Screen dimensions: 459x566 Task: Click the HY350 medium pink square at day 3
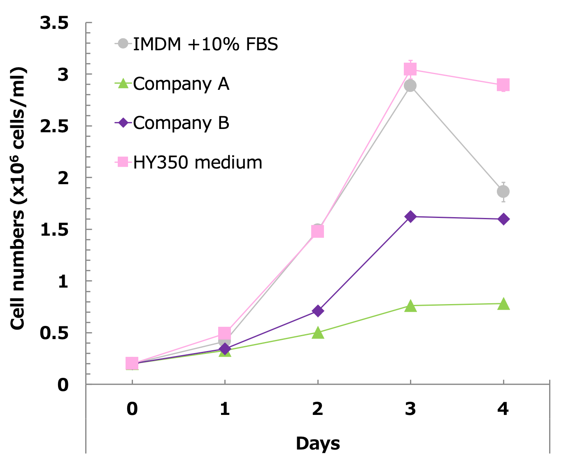point(410,69)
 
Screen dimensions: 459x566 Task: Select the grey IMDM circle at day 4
point(503,192)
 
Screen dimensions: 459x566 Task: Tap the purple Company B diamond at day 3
point(410,217)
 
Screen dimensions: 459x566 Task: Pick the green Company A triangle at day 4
point(503,304)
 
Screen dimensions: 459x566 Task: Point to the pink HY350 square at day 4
point(503,85)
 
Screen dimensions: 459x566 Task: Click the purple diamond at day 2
point(317,311)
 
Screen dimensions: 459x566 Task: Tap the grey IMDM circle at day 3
point(410,86)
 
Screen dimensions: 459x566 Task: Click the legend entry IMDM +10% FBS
point(205,44)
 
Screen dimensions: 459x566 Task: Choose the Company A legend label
point(181,84)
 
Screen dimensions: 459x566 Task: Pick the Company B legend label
point(181,123)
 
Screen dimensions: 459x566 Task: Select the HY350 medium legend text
point(198,162)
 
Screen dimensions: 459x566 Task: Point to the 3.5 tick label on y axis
point(54,23)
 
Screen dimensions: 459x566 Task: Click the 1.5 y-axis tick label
point(54,230)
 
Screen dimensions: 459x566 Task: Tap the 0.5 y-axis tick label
point(54,333)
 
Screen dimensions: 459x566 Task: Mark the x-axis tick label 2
point(317,409)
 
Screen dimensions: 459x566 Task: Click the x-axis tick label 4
point(503,409)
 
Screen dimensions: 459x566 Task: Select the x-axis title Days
point(318,443)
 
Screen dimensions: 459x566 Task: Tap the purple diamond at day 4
point(503,219)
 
